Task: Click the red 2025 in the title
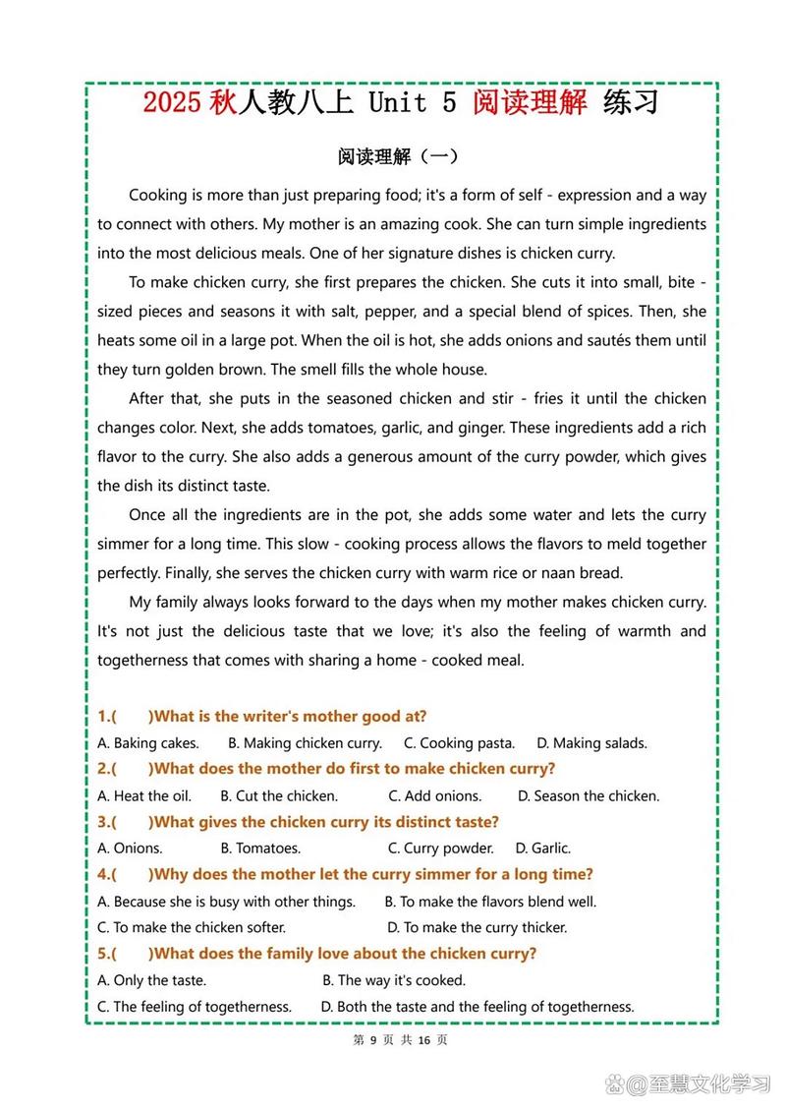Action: click(173, 103)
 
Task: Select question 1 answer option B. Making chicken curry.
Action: click(305, 743)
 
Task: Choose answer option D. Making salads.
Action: click(591, 743)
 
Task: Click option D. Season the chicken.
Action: click(589, 796)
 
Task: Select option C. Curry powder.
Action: click(440, 849)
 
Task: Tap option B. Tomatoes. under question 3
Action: click(260, 849)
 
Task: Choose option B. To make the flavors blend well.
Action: click(490, 902)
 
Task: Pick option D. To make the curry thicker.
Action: click(477, 927)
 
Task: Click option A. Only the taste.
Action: click(152, 980)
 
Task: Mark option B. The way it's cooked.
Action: click(394, 980)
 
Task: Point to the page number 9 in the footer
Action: click(373, 1040)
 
